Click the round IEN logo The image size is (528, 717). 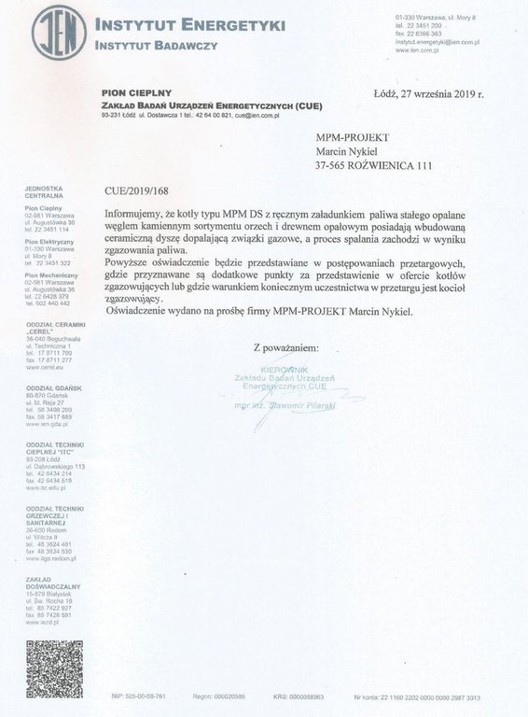tap(59, 32)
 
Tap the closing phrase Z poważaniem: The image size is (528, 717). tap(285, 347)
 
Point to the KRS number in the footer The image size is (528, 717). tap(306, 696)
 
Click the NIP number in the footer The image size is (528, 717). tap(139, 696)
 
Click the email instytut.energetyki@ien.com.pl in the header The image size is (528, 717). tap(437, 42)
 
